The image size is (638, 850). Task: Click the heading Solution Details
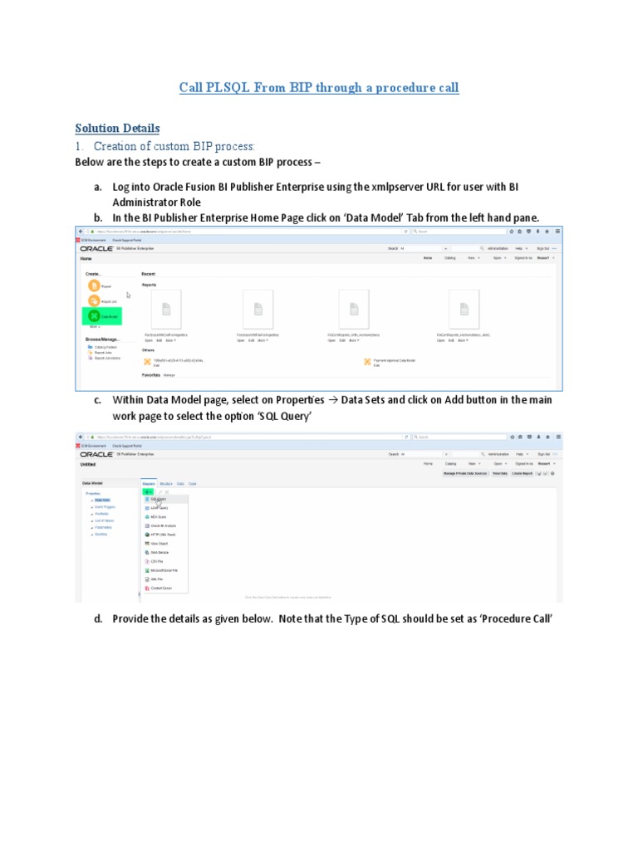coord(117,128)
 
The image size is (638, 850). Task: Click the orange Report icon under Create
coord(94,286)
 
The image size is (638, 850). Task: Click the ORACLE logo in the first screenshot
coord(97,248)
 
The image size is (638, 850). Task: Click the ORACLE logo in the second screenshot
coord(97,455)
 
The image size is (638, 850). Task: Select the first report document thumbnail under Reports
coord(164,310)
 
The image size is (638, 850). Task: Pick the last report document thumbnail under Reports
coord(464,310)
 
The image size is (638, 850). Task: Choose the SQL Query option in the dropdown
coord(158,501)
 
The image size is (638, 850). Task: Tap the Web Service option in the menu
coord(160,552)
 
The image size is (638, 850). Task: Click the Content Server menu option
coord(161,588)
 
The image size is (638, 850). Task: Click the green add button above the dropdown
coord(148,491)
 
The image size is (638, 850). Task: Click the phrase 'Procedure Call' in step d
coord(514,618)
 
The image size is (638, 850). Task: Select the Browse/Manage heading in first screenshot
coord(102,339)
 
